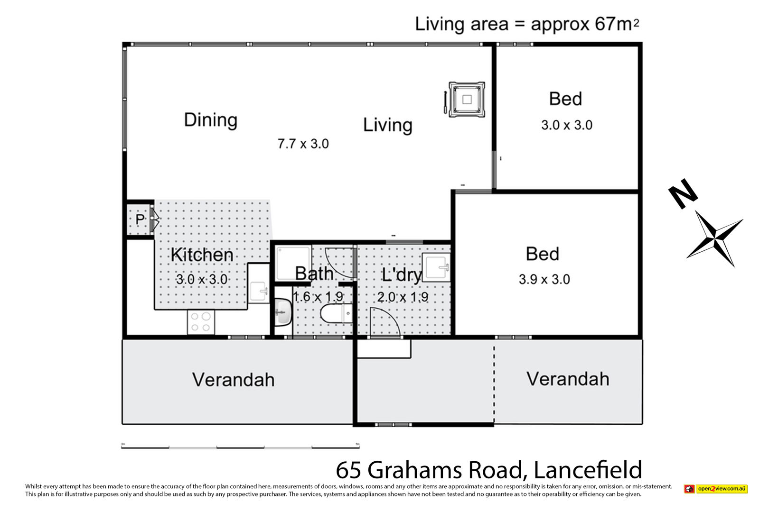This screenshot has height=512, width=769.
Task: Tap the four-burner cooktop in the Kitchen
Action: pyautogui.click(x=201, y=322)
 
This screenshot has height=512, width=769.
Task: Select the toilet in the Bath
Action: pyautogui.click(x=336, y=313)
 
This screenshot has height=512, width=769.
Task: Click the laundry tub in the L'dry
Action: pyautogui.click(x=436, y=267)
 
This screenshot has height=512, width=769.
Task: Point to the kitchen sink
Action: pyautogui.click(x=259, y=292)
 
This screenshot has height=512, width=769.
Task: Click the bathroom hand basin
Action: pyautogui.click(x=283, y=312)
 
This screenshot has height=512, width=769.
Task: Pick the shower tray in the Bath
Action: pyautogui.click(x=293, y=263)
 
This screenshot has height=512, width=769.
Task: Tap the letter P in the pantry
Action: pyautogui.click(x=140, y=219)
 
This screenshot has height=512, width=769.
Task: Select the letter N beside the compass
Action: pyautogui.click(x=683, y=193)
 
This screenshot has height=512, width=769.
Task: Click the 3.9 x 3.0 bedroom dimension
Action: pyautogui.click(x=544, y=280)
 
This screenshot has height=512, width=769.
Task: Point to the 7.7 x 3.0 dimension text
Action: pyautogui.click(x=303, y=144)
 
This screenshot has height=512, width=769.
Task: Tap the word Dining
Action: pyautogui.click(x=210, y=120)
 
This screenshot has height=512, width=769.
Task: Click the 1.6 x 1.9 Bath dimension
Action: pyautogui.click(x=318, y=297)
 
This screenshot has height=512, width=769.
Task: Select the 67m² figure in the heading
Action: pyautogui.click(x=617, y=24)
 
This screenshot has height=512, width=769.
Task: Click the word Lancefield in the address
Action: pyautogui.click(x=588, y=470)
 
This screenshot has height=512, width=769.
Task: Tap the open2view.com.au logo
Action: pyautogui.click(x=715, y=489)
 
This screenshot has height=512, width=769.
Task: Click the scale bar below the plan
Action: pyautogui.click(x=240, y=447)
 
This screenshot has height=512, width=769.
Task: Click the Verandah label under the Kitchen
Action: pyautogui.click(x=233, y=380)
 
